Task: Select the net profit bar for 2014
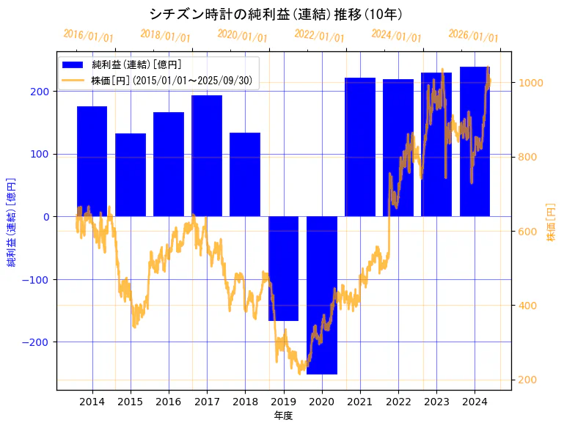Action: [92, 161]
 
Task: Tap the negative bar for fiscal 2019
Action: [283, 268]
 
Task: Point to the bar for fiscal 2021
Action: [360, 147]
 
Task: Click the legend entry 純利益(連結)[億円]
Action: [136, 65]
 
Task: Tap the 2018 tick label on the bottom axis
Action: [245, 402]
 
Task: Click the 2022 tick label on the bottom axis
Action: [398, 402]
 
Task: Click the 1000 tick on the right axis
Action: [530, 83]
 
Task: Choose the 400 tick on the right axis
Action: [527, 306]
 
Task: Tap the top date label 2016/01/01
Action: [88, 35]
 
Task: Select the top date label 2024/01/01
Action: [396, 35]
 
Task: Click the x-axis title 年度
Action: [283, 416]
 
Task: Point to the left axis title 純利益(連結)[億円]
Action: [12, 221]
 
